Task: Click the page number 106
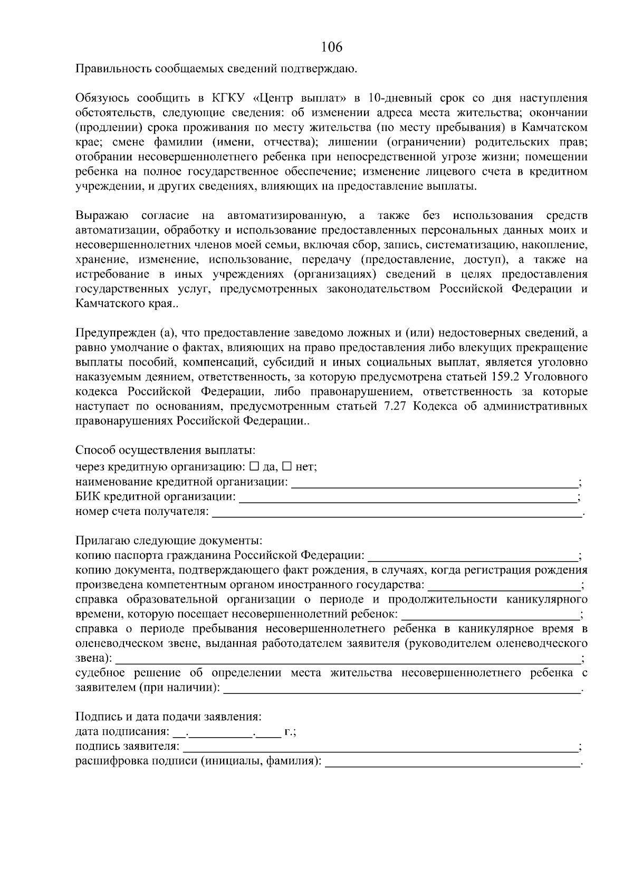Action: pos(331,47)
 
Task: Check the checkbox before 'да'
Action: pos(254,466)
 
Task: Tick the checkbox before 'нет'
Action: pos(287,466)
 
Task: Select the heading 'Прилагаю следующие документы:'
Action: pos(169,541)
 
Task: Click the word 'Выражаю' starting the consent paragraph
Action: pos(102,216)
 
